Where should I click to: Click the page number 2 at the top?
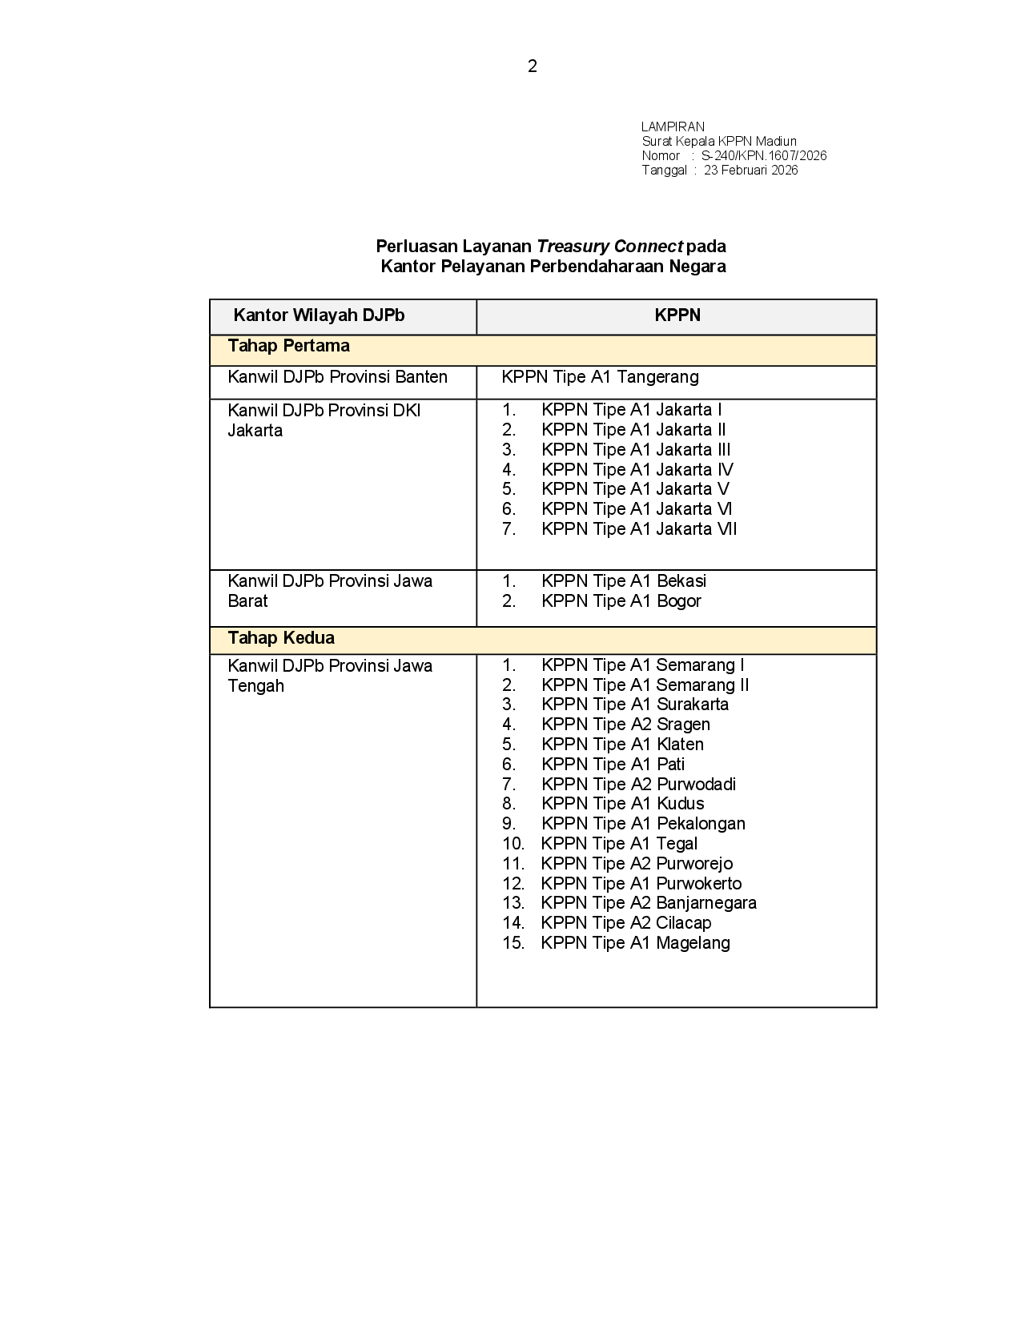533,66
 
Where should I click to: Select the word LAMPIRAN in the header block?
673,126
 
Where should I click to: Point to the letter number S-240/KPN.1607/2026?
764,155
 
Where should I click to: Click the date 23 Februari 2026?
750,170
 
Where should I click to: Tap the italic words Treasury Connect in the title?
609,246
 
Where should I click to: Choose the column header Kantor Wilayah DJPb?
319,315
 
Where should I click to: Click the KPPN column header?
677,315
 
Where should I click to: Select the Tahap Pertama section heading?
288,346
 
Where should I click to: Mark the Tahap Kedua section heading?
281,638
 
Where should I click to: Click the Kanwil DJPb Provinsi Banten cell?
337,377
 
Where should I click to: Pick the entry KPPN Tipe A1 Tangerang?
600,377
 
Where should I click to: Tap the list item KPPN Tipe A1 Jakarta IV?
637,470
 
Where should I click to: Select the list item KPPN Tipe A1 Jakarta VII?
638,529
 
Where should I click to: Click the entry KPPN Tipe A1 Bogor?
621,601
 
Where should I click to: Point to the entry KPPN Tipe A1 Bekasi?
623,581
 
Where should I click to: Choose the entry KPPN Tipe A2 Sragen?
625,725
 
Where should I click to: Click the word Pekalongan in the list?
701,824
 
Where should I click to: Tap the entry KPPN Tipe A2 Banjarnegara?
649,903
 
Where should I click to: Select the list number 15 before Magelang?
513,943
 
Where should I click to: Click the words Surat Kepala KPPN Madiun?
719,141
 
